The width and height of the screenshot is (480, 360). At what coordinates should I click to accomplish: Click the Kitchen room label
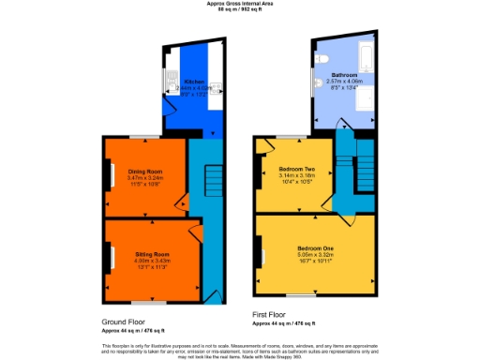tap(195, 82)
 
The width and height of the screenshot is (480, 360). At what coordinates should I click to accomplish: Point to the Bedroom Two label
tap(296, 168)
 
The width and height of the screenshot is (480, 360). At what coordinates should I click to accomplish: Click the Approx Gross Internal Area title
tap(240, 4)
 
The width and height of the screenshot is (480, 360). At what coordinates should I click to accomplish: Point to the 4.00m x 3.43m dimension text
tap(150, 261)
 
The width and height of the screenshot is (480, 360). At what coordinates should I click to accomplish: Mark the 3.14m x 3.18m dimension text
tap(296, 174)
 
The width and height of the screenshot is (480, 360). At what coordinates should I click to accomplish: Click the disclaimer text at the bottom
tap(240, 351)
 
